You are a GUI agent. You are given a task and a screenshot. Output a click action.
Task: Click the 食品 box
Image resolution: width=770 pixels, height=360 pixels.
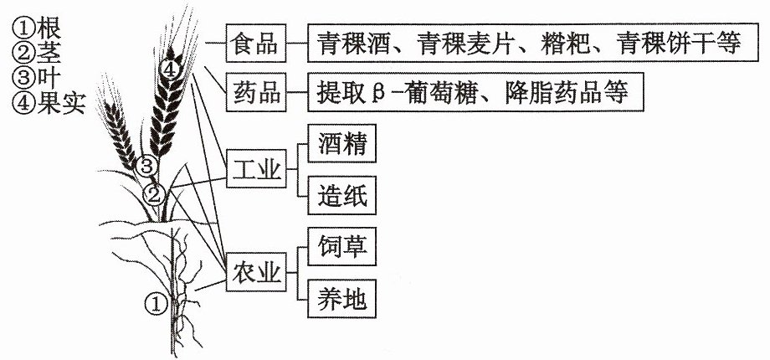[256, 43]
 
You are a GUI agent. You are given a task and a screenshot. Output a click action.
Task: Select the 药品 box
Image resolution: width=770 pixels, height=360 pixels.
[256, 92]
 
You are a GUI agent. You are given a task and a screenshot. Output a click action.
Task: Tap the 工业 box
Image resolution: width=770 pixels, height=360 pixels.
[256, 168]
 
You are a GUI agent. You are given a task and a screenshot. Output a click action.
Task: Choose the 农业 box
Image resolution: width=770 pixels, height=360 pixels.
[256, 272]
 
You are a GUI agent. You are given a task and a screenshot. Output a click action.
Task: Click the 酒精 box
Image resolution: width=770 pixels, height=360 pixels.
[341, 143]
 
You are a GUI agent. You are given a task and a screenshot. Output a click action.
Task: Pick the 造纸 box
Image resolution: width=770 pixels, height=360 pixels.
[341, 195]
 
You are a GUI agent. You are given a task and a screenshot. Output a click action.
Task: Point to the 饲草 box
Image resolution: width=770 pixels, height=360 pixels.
[341, 246]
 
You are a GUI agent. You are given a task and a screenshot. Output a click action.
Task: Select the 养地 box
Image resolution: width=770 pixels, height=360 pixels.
[341, 299]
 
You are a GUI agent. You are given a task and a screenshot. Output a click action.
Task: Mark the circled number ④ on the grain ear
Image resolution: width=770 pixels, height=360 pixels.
[169, 69]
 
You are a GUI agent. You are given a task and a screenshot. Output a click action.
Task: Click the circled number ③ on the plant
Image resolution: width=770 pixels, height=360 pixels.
[146, 167]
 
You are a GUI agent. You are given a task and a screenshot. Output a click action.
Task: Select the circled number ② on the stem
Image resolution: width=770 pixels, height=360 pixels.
[154, 195]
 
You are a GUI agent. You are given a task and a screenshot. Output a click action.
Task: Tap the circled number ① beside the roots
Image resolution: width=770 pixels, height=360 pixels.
[155, 305]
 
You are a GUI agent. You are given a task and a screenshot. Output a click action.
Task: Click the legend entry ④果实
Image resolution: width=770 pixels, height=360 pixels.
[49, 104]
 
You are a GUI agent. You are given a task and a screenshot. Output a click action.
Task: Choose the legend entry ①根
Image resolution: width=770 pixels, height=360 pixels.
[37, 29]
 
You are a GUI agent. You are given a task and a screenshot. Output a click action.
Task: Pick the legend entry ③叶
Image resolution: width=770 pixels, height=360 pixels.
[36, 79]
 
